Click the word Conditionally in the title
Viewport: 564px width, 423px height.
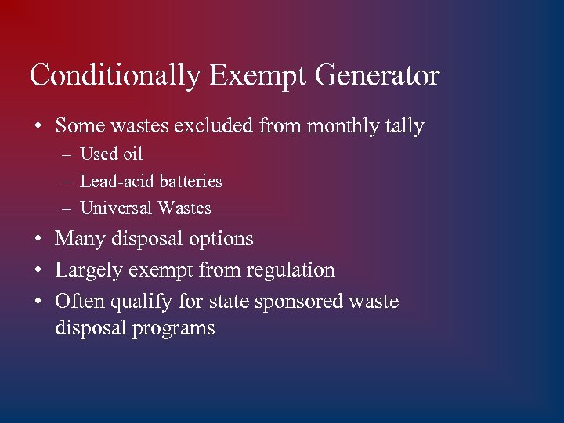114,77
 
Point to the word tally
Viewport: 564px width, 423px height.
403,126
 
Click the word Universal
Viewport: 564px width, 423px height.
117,208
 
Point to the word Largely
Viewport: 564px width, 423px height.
84,270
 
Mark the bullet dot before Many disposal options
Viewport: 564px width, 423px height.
38,239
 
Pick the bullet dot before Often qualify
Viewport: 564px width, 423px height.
38,302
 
